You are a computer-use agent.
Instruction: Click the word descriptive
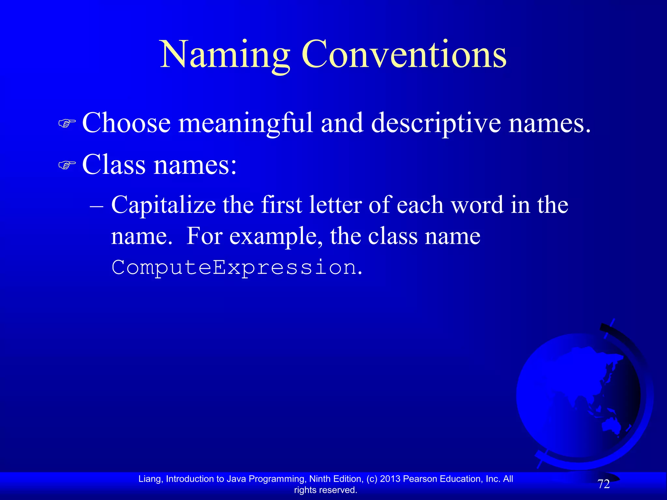[x=436, y=124]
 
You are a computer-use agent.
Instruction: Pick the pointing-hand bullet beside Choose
[x=67, y=123]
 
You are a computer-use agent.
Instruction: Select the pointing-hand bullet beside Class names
[x=67, y=165]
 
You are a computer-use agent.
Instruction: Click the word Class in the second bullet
[x=114, y=164]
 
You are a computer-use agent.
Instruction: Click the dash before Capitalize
[x=96, y=206]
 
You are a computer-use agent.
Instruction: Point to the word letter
[x=335, y=205]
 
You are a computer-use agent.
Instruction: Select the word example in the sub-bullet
[x=273, y=237]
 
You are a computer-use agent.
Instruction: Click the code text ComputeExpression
[x=234, y=268]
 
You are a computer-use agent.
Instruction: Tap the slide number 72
[x=603, y=484]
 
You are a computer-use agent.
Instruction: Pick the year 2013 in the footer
[x=390, y=479]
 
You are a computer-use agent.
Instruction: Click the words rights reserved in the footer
[x=325, y=490]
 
